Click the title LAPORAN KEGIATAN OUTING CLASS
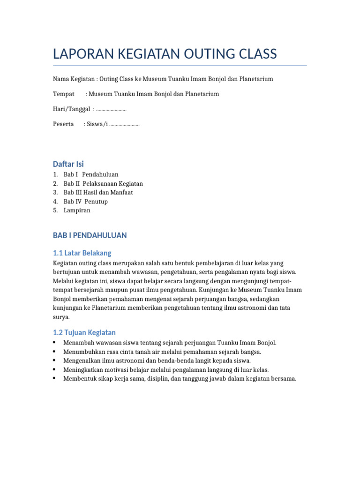point(165,54)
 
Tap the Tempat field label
point(64,94)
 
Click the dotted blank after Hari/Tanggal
point(111,109)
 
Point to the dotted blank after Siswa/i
point(124,124)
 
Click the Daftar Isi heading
point(68,164)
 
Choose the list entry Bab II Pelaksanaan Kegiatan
point(103,184)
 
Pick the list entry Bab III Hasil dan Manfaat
point(98,193)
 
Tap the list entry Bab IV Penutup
point(86,202)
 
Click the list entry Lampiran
point(77,210)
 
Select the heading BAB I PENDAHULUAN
point(90,235)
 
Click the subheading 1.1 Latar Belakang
point(82,253)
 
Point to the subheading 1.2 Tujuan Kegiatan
point(84,333)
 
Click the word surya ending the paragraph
point(61,317)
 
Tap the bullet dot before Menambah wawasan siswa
point(55,343)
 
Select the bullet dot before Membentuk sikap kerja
point(55,379)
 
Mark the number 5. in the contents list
point(55,210)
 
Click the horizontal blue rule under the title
point(180,66)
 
